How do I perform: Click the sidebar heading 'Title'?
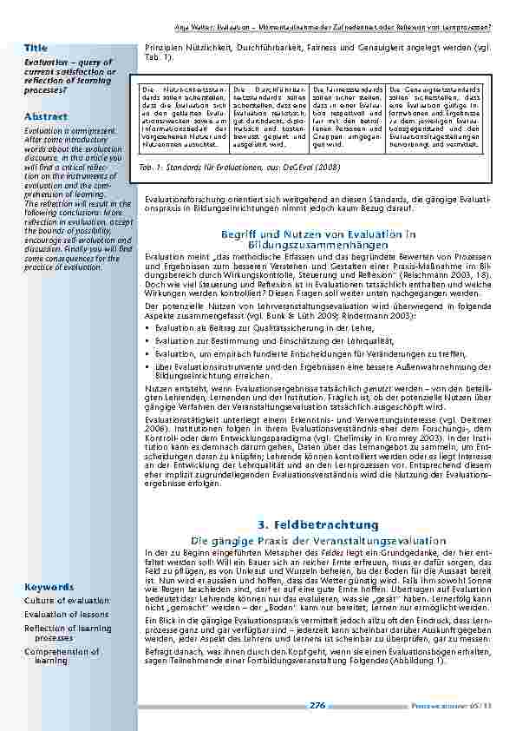click(x=36, y=46)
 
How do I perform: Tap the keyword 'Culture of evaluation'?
click(x=67, y=601)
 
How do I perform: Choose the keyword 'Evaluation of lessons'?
click(x=67, y=615)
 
